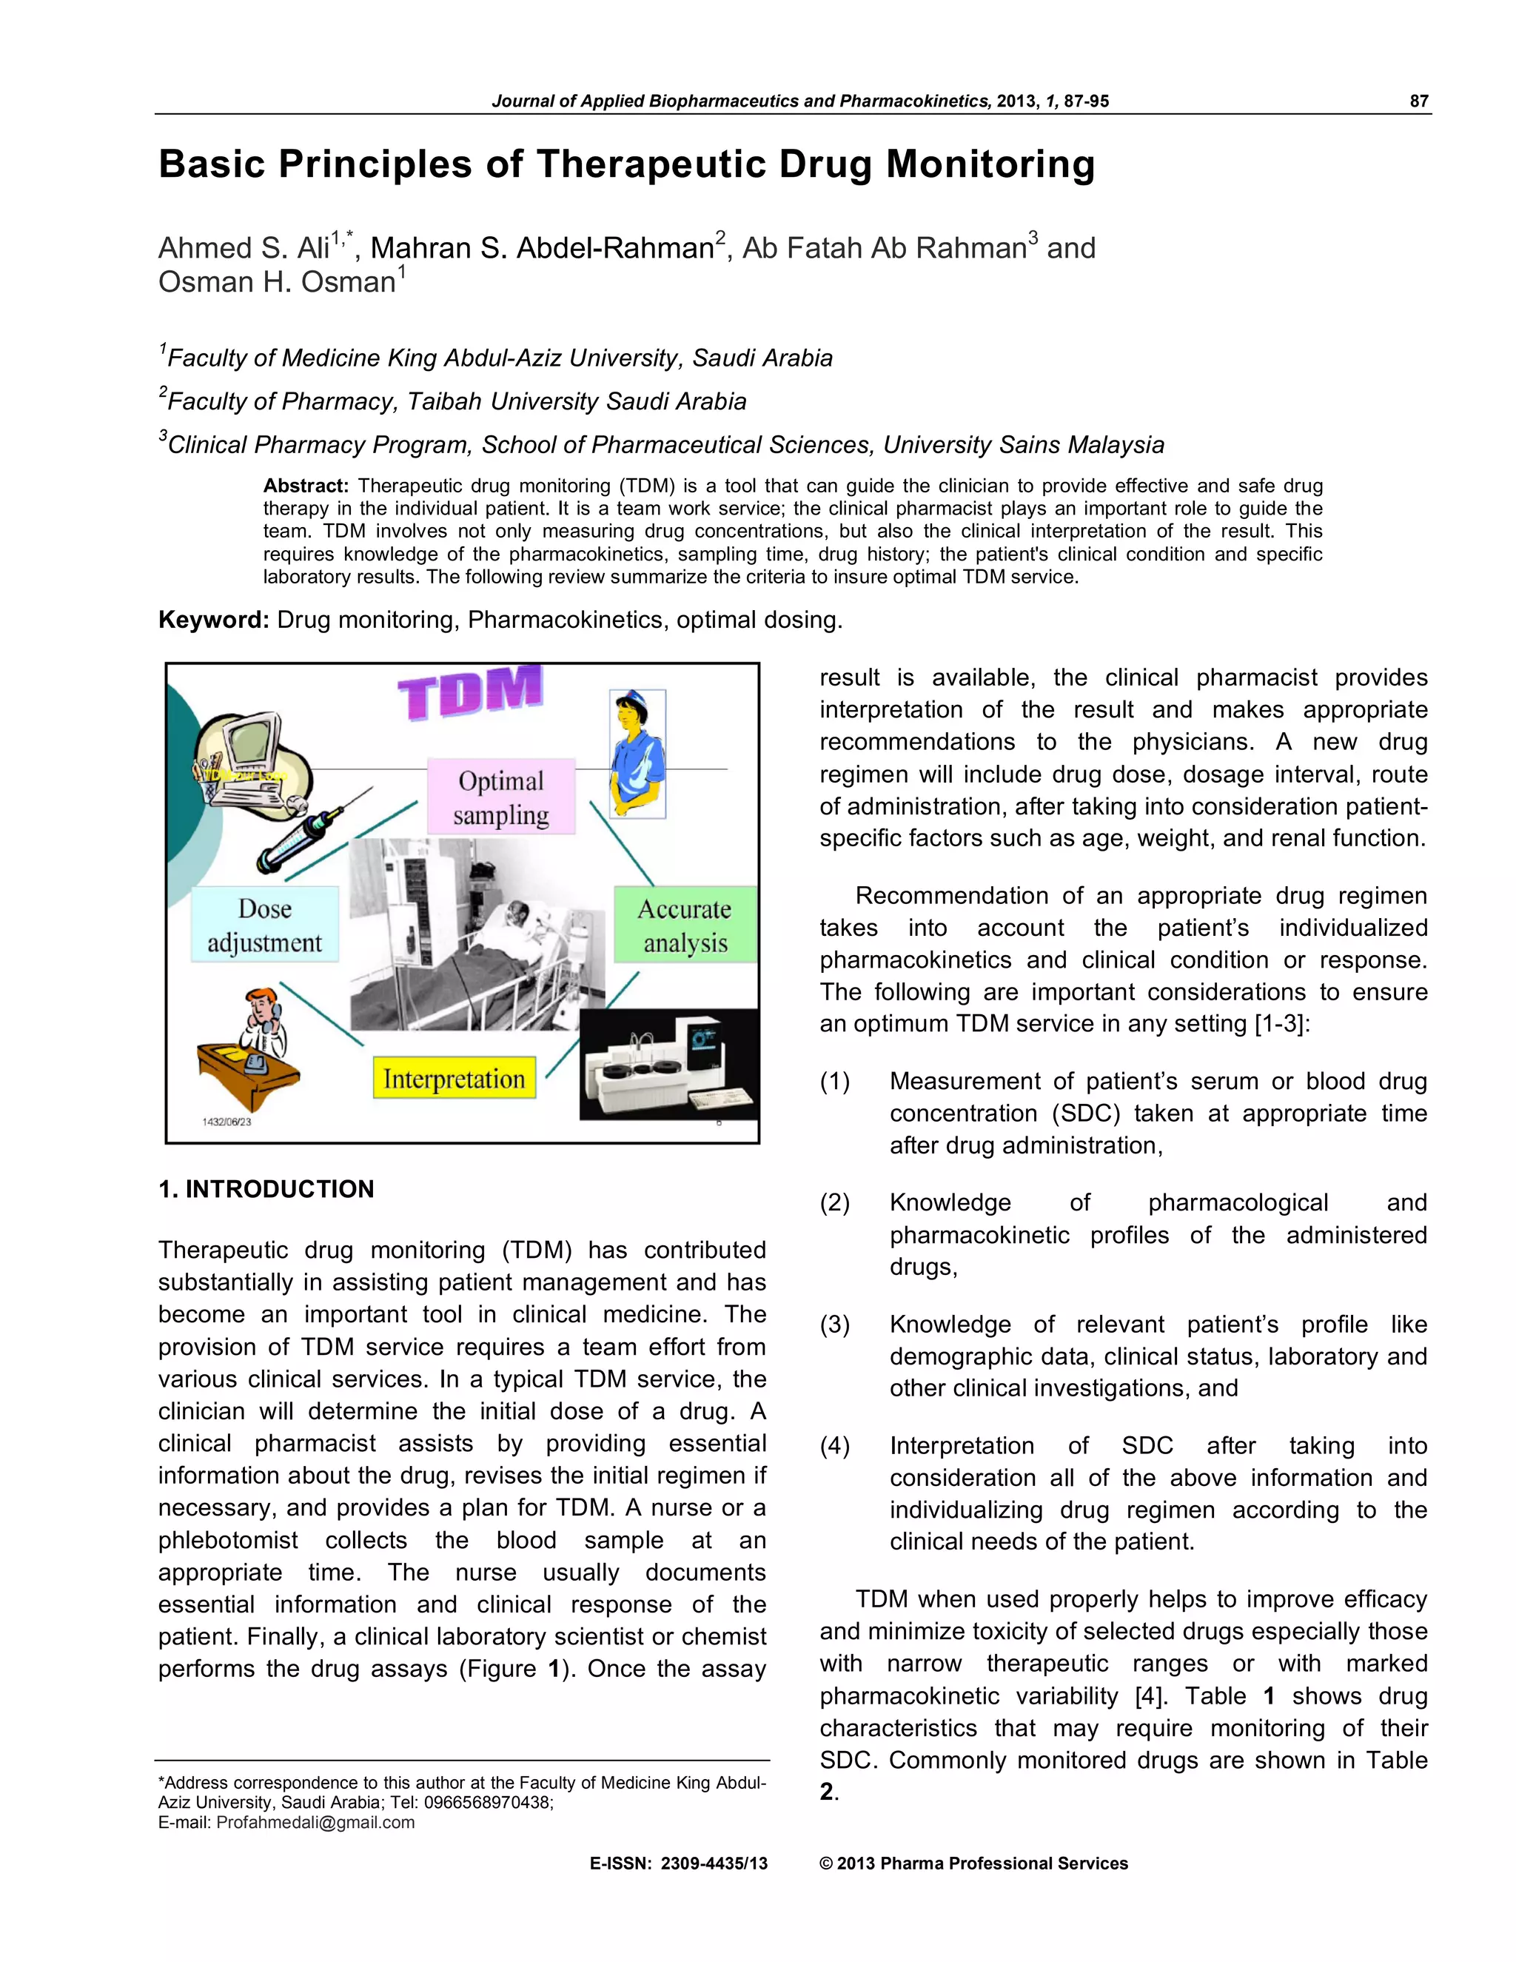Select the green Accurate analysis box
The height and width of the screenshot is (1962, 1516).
point(685,925)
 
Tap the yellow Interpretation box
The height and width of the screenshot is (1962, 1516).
point(454,1078)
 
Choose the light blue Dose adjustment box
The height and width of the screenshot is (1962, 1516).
point(265,925)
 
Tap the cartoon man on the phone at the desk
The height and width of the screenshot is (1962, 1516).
point(252,1047)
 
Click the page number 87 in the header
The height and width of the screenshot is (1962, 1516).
point(1418,101)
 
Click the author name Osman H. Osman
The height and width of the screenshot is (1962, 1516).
point(277,282)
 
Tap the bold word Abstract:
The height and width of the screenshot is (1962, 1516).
point(306,486)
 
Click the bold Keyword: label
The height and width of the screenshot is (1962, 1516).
point(213,620)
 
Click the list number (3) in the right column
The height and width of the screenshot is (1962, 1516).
point(834,1325)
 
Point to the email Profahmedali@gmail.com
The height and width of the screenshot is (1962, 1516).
point(315,1823)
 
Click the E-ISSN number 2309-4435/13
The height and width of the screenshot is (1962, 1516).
point(714,1864)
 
